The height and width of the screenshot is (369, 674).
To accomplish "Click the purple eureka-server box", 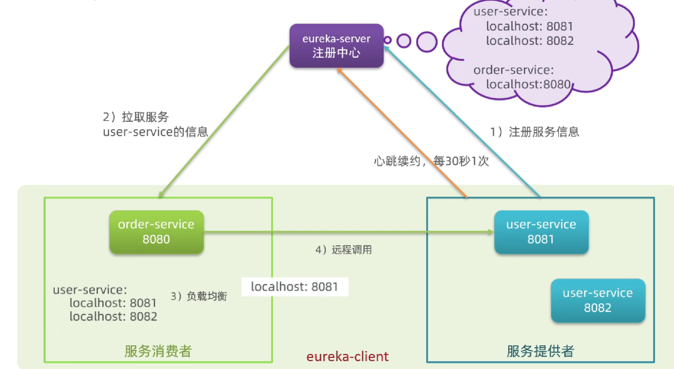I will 336,46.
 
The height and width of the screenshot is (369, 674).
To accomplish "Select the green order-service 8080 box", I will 156,232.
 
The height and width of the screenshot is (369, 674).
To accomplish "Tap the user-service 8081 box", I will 541,232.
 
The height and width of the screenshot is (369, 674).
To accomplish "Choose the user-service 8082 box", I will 597,300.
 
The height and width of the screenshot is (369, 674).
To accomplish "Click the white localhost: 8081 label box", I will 294,287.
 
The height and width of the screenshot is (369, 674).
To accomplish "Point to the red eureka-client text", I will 347,356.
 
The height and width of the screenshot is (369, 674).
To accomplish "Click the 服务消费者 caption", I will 158,351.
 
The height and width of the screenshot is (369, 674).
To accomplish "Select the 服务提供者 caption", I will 540,351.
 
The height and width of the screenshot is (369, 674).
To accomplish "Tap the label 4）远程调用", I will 343,250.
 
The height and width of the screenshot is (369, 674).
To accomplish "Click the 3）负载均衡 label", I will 199,296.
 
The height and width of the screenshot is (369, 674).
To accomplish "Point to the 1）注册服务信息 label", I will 534,132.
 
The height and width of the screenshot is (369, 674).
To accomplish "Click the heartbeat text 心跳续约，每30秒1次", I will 431,161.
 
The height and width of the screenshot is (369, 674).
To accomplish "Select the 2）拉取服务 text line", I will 136,117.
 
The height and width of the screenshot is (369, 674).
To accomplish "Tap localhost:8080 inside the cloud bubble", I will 528,84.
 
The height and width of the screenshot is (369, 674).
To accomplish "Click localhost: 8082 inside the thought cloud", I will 529,41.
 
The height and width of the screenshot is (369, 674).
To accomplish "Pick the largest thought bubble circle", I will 427,41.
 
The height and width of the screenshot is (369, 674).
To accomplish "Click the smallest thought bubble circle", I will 388,40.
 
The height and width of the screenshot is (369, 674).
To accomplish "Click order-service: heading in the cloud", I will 513,70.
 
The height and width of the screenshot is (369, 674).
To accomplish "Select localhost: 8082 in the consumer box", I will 113,317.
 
